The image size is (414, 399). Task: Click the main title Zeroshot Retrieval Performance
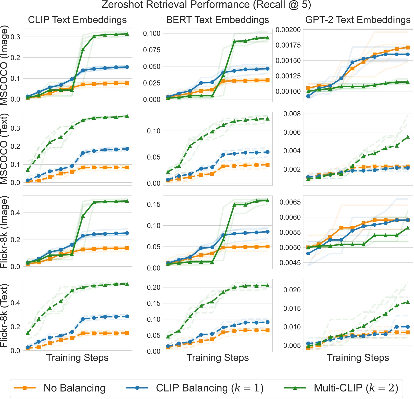tap(206, 5)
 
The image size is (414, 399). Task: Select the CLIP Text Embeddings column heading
tap(77, 20)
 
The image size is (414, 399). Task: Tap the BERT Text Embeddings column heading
tap(218, 20)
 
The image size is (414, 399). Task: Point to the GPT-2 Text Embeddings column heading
tap(358, 20)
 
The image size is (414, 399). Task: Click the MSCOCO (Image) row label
tap(4, 65)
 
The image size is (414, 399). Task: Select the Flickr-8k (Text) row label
tap(4, 316)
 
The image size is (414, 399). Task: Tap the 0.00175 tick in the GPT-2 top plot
tap(288, 45)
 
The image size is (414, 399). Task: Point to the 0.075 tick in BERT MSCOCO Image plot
tap(151, 50)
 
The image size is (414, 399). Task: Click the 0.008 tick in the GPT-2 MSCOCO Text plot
tap(292, 114)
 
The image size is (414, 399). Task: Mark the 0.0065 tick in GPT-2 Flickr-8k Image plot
tap(290, 202)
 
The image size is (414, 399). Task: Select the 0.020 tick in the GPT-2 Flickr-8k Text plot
tap(292, 290)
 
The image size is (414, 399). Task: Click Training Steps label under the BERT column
tap(218, 358)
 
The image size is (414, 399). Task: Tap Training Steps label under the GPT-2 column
tap(358, 358)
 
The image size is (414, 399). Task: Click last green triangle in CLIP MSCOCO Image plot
tap(127, 34)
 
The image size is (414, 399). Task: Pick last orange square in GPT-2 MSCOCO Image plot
tap(408, 47)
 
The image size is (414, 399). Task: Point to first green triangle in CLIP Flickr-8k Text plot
tap(28, 333)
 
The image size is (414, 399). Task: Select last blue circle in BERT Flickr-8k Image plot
tap(267, 232)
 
